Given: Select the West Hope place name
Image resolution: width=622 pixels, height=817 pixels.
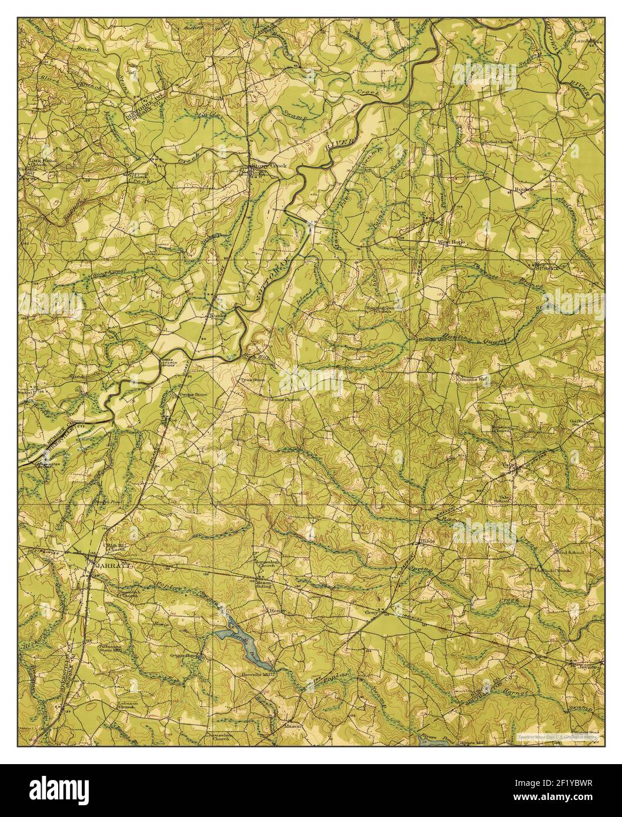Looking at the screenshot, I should tap(451, 242).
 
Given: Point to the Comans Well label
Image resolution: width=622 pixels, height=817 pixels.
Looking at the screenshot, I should tap(473, 380).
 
